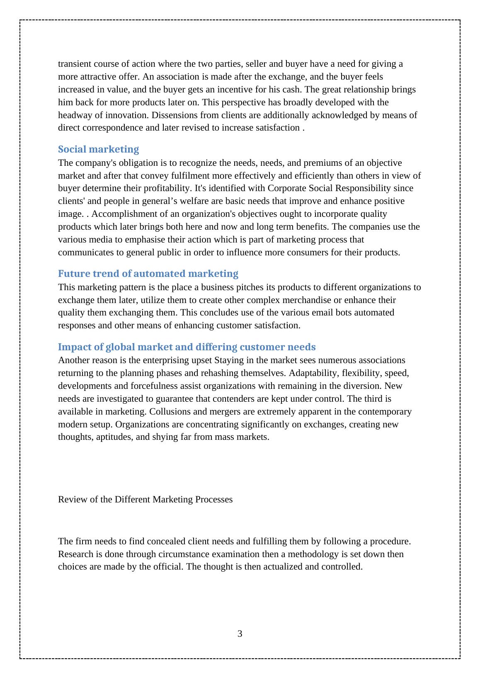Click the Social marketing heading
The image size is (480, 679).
[x=98, y=149]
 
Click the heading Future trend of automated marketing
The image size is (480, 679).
[x=148, y=274]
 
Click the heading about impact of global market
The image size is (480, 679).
[x=187, y=347]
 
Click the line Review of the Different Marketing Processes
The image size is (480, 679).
[x=145, y=500]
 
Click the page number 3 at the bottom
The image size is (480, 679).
[x=240, y=634]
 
